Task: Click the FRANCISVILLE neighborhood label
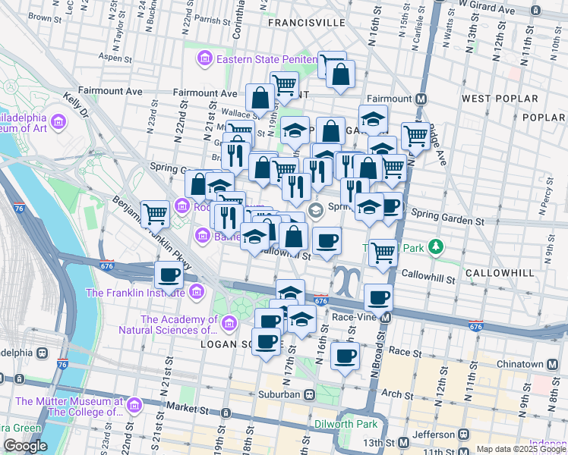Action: tap(306, 24)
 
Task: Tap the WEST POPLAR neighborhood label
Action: tap(500, 99)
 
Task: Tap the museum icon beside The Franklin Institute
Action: tap(197, 292)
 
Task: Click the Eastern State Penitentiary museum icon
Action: tap(205, 59)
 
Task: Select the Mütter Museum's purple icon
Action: tap(134, 406)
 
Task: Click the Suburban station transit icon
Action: tap(309, 395)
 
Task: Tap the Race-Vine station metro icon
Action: tap(387, 317)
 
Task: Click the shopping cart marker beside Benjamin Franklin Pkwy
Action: tap(156, 215)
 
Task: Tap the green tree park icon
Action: tap(436, 247)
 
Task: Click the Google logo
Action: tap(25, 446)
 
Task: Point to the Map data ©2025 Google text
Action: tap(521, 449)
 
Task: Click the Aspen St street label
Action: tap(116, 58)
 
